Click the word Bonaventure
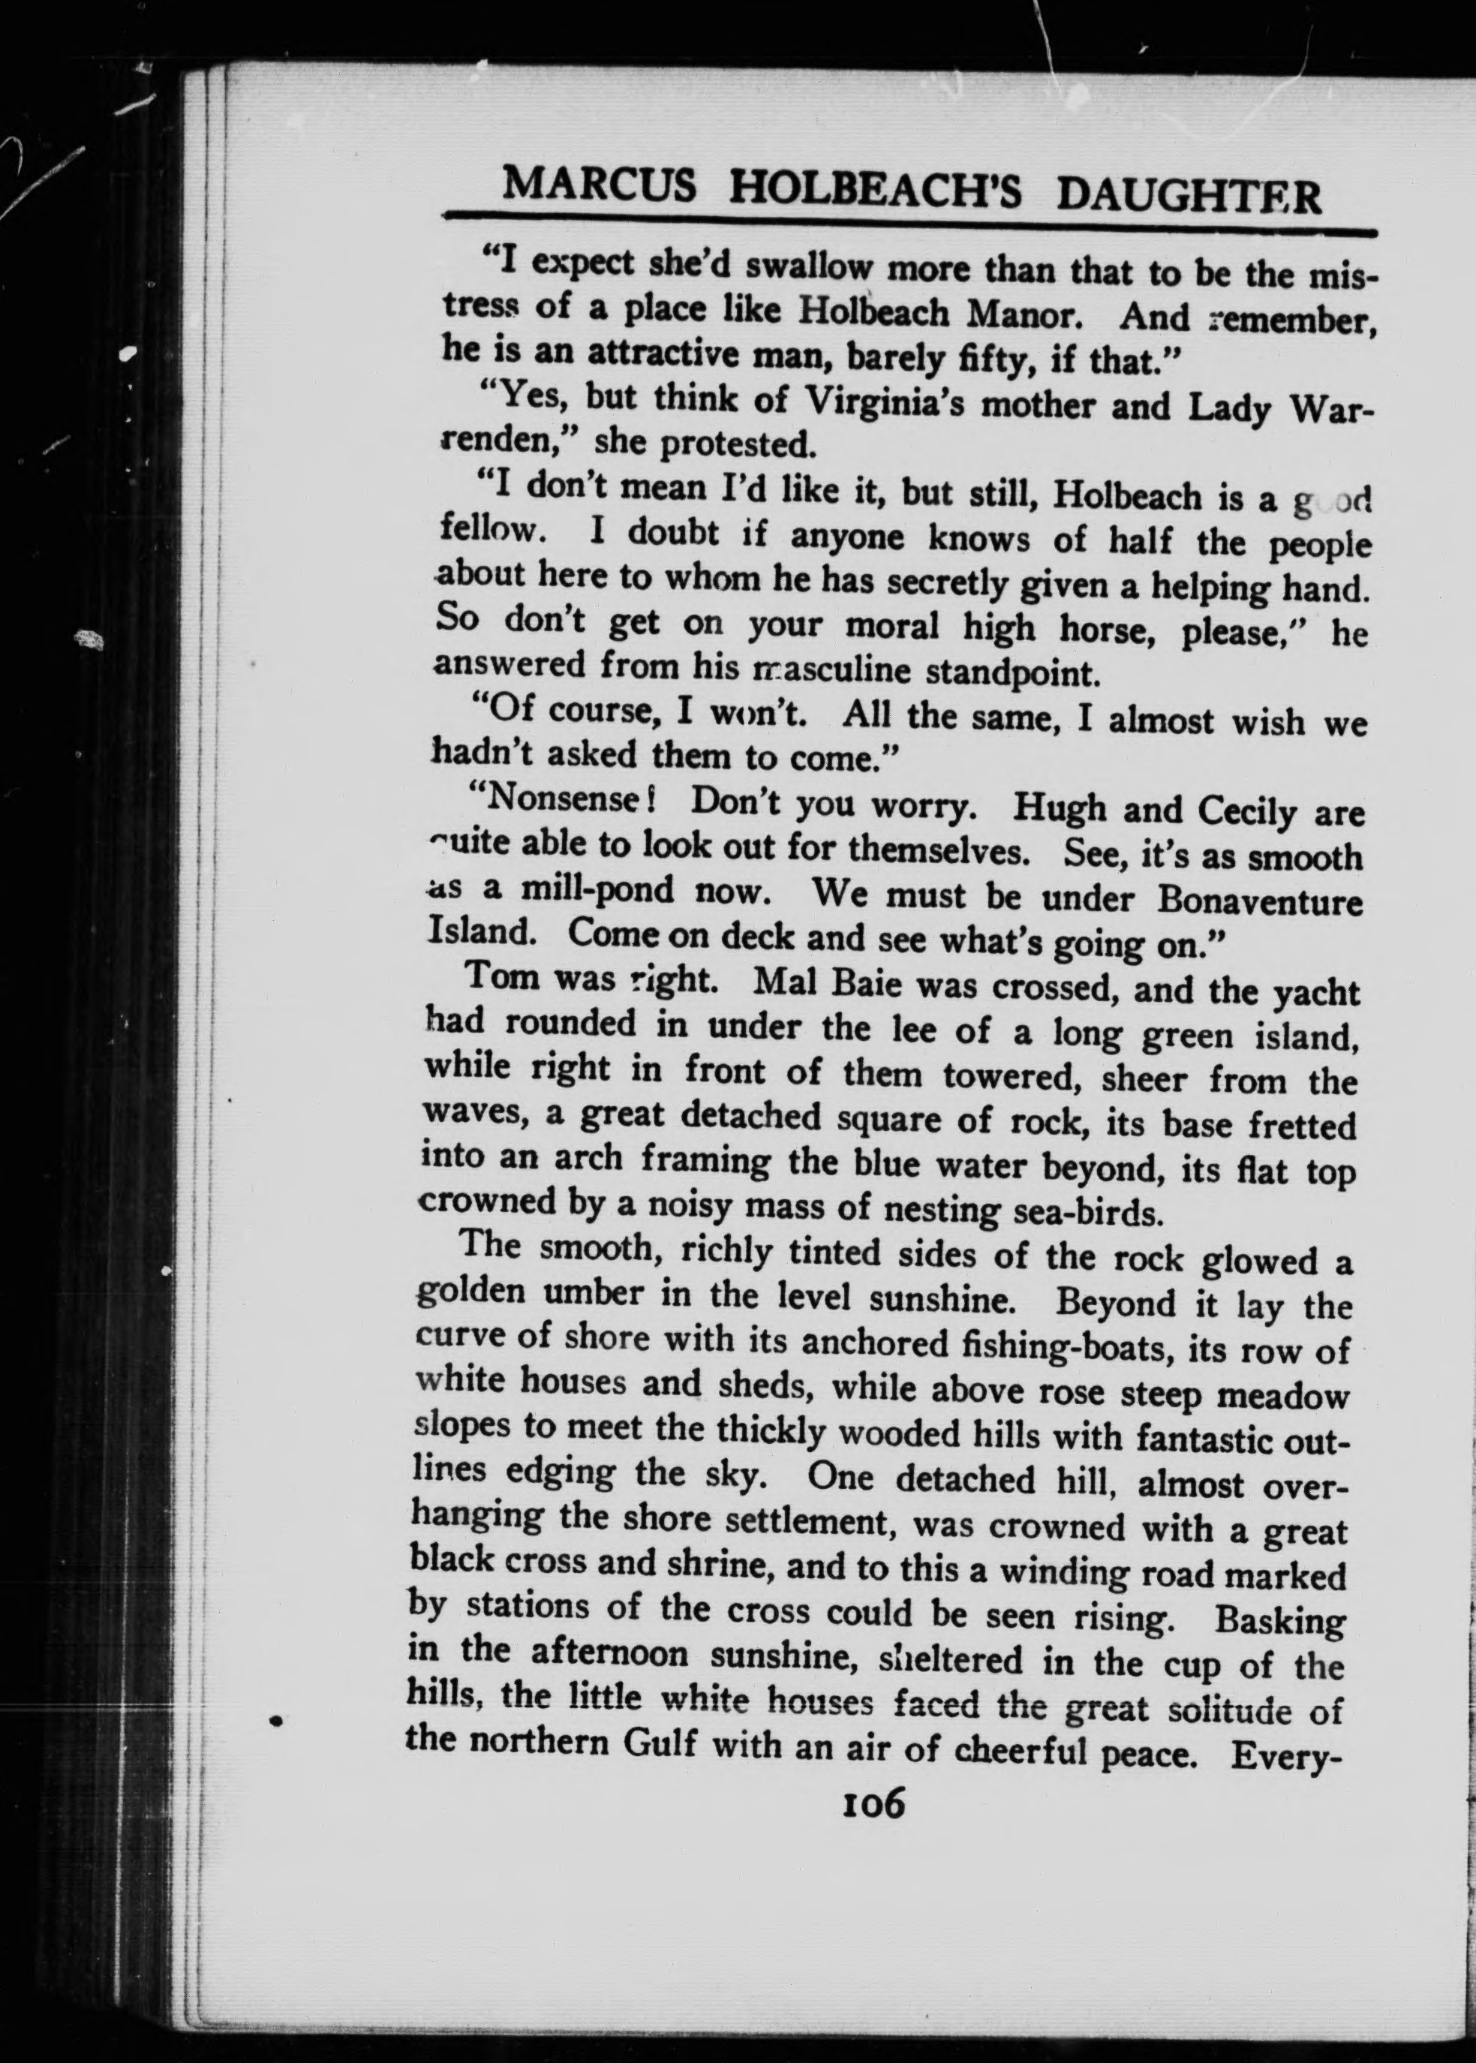coord(1260,901)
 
